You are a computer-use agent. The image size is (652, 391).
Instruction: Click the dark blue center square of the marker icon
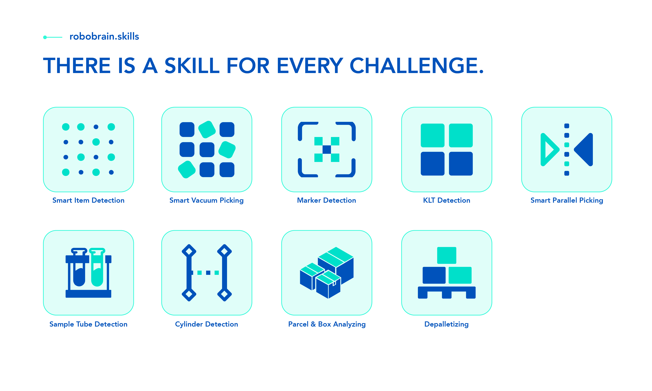(x=327, y=149)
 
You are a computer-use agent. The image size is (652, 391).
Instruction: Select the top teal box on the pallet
(x=446, y=255)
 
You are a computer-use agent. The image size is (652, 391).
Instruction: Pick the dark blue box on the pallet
(x=434, y=275)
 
